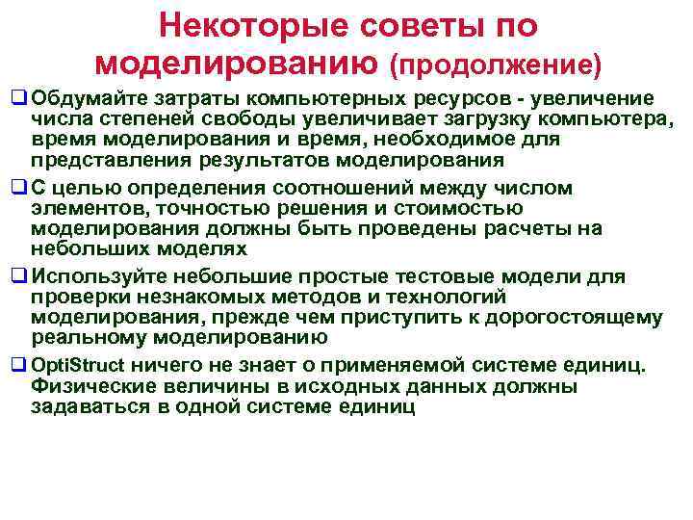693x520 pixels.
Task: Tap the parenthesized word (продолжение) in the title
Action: pyautogui.click(x=496, y=65)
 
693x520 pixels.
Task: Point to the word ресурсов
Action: pyautogui.click(x=456, y=98)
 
